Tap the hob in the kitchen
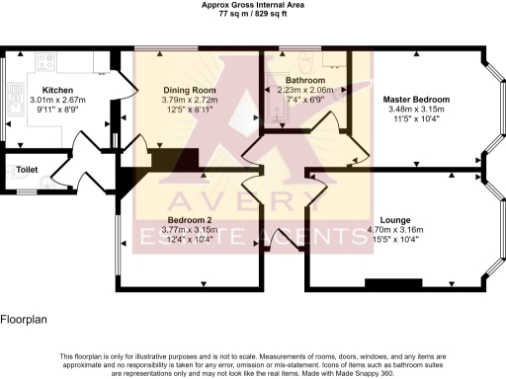[45, 62]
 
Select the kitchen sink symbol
[14, 99]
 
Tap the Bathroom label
[304, 79]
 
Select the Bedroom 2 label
[188, 219]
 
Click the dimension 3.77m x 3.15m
[188, 229]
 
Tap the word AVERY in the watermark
[253, 202]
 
